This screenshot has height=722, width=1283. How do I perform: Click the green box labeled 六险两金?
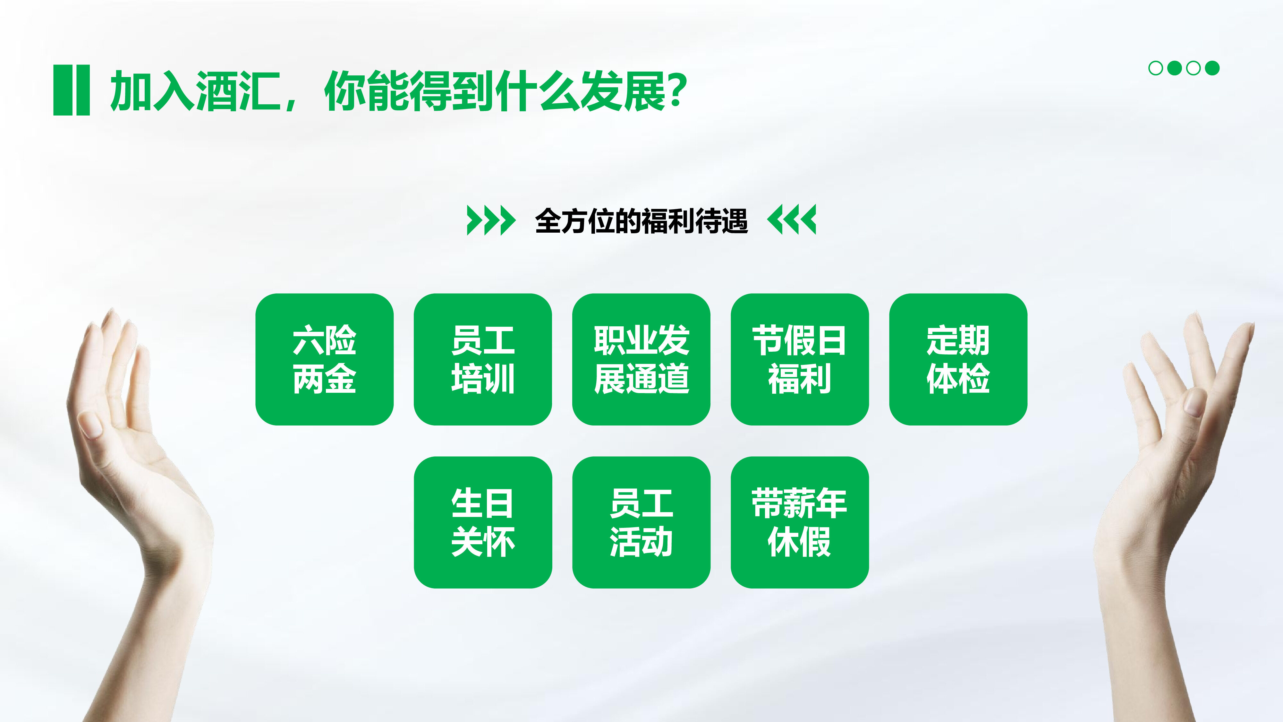point(324,359)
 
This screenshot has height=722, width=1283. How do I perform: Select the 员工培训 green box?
point(483,359)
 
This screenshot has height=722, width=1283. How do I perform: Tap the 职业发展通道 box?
point(641,359)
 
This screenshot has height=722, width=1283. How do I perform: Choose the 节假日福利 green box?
point(799,359)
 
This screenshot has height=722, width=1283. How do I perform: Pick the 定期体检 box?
point(958,359)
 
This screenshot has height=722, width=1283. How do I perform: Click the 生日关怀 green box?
point(483,522)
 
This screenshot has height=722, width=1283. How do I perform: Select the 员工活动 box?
point(641,522)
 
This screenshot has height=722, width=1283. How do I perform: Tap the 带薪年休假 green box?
point(799,522)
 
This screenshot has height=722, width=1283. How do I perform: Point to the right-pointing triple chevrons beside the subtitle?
point(491,220)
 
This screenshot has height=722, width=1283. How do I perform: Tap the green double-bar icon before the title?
point(71,90)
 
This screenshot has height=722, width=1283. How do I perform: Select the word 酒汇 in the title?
point(238,91)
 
